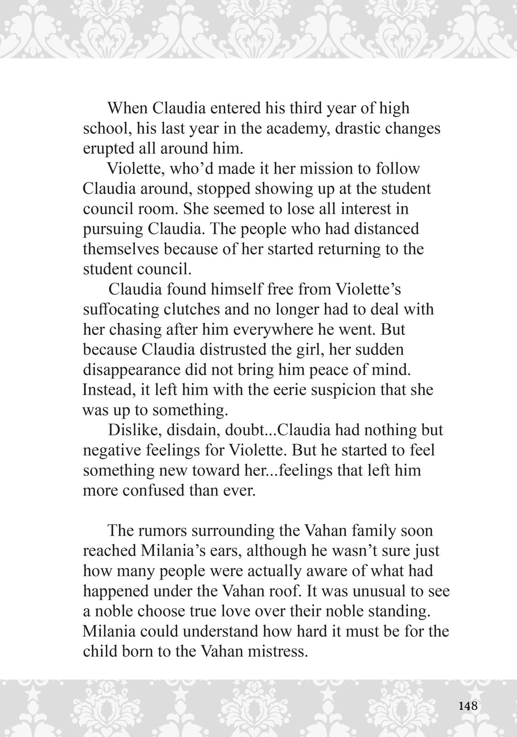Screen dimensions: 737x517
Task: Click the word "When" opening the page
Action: click(127, 108)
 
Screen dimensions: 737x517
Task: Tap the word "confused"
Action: click(155, 490)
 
